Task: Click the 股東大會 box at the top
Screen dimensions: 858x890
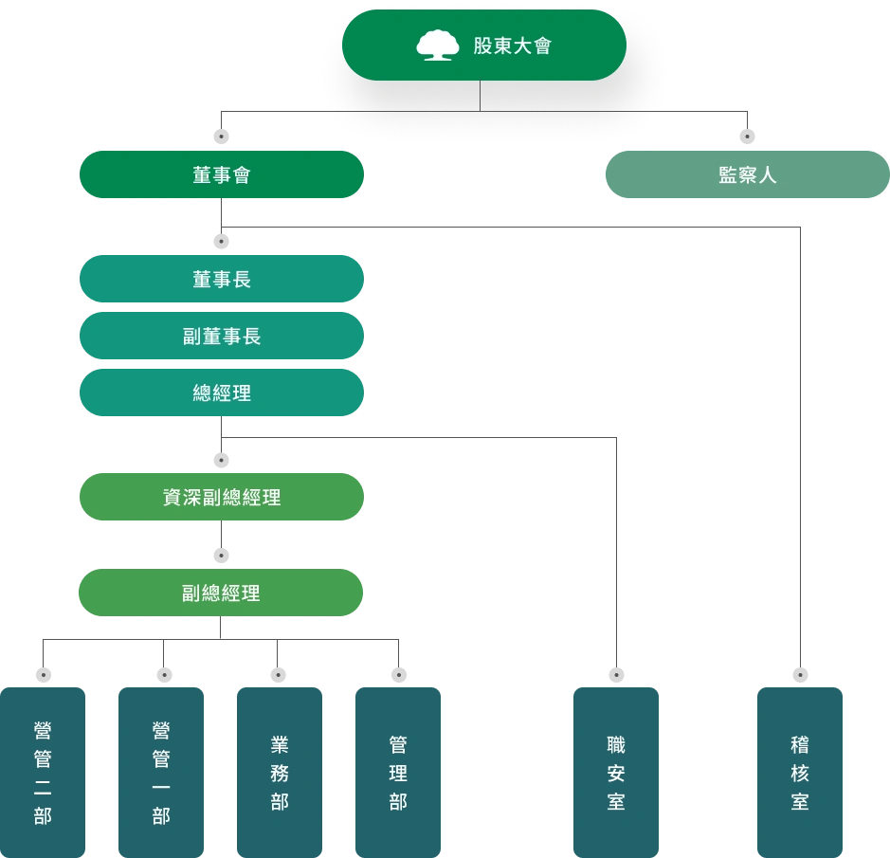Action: [483, 46]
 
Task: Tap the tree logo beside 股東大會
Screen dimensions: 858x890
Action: [437, 46]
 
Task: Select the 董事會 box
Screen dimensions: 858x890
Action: [221, 174]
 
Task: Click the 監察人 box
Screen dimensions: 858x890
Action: [747, 174]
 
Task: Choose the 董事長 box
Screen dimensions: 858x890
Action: [221, 279]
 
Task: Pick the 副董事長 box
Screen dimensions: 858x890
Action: [221, 337]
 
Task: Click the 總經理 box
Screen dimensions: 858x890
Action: [221, 392]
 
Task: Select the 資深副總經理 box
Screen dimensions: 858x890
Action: [221, 497]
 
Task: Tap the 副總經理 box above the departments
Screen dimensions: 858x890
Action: [221, 593]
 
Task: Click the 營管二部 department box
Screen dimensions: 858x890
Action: [44, 772]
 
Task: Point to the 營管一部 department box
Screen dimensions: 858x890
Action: [161, 772]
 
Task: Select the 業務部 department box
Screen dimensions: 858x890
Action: [280, 772]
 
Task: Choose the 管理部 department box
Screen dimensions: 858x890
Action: [398, 772]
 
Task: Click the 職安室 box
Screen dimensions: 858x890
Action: [616, 772]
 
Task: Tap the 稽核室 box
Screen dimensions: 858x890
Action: [800, 772]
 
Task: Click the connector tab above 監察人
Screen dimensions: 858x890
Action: [747, 137]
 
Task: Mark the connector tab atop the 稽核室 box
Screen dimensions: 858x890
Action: [800, 676]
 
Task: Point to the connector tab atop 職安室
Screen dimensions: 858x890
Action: [617, 676]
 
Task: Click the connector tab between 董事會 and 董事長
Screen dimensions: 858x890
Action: [224, 242]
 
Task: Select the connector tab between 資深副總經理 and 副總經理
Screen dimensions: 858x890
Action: [224, 555]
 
